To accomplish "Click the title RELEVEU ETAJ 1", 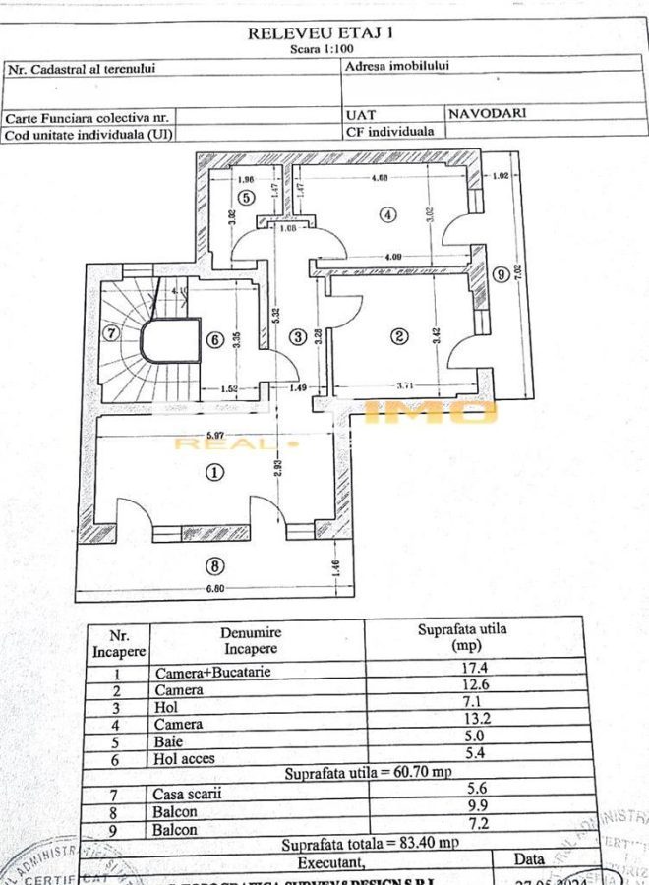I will [321, 32].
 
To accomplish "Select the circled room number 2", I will [399, 336].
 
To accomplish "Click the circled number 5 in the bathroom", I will [245, 197].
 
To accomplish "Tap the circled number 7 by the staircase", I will [110, 332].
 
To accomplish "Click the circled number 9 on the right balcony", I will [501, 275].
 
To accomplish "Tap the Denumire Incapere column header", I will [251, 641].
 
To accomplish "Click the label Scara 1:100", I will [322, 48].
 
